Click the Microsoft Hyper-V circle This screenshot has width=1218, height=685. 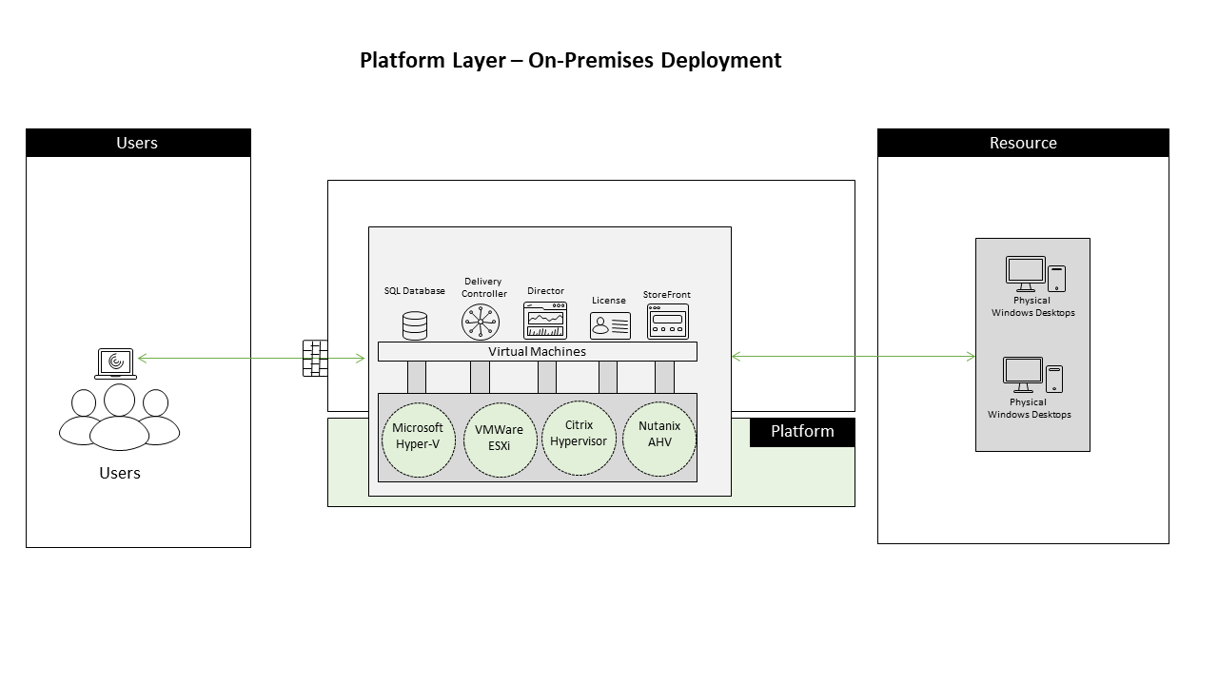(418, 440)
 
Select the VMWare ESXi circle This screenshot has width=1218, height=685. (500, 440)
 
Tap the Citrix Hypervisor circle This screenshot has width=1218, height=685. (579, 438)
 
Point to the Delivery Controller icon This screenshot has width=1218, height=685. (481, 322)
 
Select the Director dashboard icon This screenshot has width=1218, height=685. (545, 321)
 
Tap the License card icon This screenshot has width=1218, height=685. (610, 325)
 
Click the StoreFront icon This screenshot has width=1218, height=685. (667, 322)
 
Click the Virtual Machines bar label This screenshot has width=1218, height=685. (538, 352)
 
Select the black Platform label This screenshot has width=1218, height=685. (802, 432)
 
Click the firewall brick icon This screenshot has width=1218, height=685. (315, 358)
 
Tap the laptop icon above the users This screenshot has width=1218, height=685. (115, 363)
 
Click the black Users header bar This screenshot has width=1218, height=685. (138, 143)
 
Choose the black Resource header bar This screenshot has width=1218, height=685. (1023, 143)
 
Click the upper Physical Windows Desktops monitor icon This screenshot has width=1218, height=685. (1026, 273)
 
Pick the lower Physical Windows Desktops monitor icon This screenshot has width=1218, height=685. (1023, 374)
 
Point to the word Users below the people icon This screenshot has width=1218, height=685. (120, 474)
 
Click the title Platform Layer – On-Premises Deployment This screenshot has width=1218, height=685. (571, 61)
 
